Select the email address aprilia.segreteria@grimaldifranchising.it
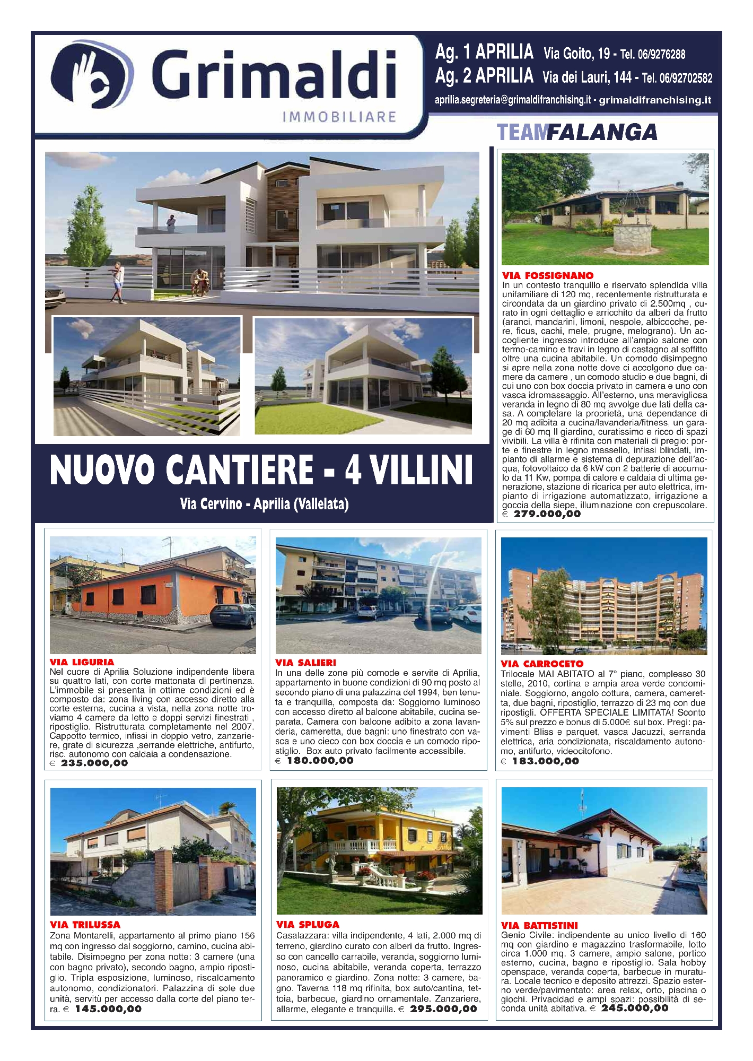pos(512,100)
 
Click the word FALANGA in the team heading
pos(601,132)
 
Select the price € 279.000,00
pos(541,514)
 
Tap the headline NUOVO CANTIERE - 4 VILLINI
pos(261,469)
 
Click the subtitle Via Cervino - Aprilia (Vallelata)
pos(264,503)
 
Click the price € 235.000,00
pos(89,763)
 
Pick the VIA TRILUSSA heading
pos(85,924)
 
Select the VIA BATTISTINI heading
pos(539,925)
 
